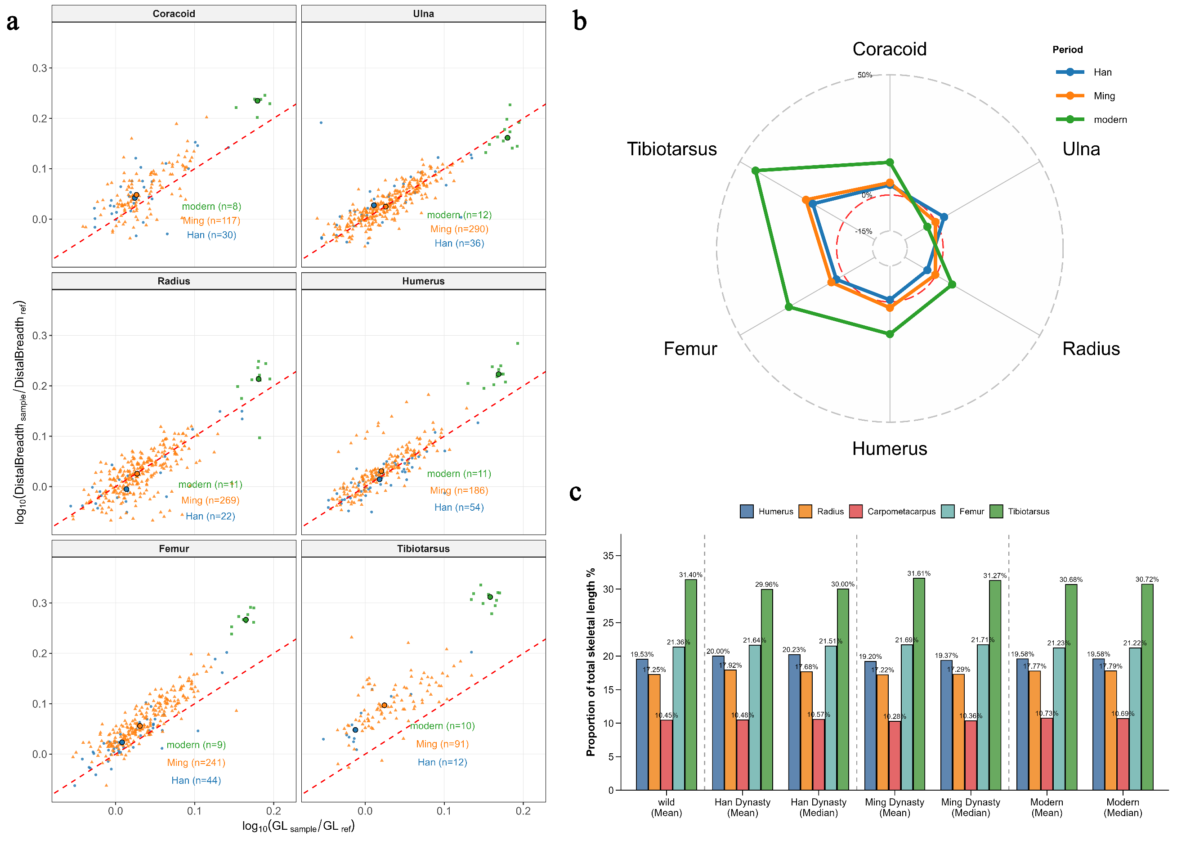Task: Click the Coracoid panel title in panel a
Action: [174, 14]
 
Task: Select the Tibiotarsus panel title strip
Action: [423, 549]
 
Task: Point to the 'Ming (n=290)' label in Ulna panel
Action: [459, 229]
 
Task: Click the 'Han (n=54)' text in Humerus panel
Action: [459, 508]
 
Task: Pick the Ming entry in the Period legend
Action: [1104, 96]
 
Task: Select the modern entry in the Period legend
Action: [1110, 120]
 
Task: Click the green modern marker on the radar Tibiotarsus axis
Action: [756, 171]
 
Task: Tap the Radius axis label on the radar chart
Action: [1091, 349]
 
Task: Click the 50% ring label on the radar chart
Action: [865, 75]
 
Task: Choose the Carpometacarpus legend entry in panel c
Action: [901, 512]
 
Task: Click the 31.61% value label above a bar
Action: [918, 573]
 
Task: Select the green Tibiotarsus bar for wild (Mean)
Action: [691, 684]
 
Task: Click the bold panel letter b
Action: [580, 22]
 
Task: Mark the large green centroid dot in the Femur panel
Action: [246, 620]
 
